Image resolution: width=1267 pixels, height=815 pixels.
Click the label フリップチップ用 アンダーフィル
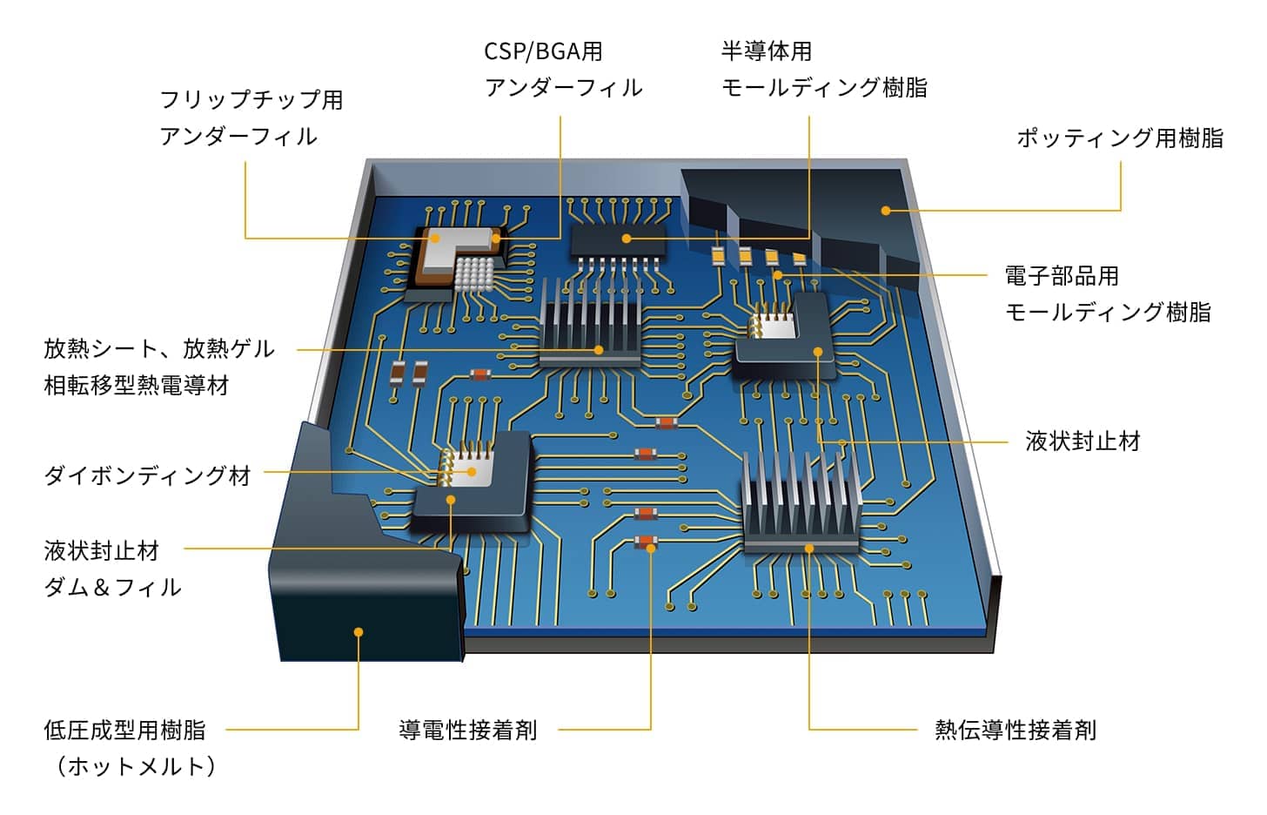(251, 118)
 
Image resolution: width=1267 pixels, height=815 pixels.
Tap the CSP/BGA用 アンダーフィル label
(563, 69)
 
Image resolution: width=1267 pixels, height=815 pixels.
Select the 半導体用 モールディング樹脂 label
(823, 69)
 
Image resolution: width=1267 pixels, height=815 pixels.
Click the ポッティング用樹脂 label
(1119, 138)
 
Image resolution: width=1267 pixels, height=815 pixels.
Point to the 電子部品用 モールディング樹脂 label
(1107, 293)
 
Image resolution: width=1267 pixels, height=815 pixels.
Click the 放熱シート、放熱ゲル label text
(159, 349)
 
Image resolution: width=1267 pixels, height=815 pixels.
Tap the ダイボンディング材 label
(147, 475)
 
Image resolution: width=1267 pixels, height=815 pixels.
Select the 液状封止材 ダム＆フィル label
(112, 569)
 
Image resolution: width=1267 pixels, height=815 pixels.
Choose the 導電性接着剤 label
(468, 730)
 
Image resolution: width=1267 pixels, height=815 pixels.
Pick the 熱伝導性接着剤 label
(1015, 730)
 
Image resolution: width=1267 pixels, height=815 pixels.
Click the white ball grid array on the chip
(473, 273)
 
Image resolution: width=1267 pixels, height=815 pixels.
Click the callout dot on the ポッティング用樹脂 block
(885, 211)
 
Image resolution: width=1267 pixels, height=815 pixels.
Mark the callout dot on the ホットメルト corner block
(358, 632)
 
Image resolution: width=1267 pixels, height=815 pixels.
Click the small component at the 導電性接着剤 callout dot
(645, 543)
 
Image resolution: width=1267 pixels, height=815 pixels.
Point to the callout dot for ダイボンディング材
(472, 472)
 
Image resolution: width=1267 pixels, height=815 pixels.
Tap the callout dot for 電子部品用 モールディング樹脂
(778, 275)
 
